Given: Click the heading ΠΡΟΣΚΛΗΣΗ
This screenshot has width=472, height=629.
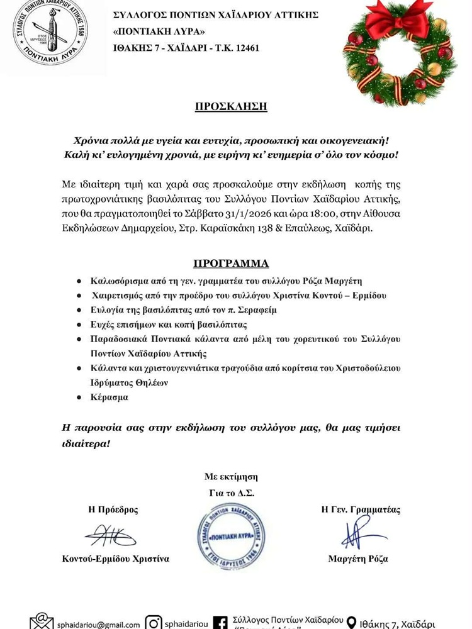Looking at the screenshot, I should point(231,106).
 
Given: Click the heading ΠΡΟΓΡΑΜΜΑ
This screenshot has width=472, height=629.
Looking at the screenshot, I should point(231,263).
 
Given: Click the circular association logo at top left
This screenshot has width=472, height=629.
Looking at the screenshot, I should point(51,33).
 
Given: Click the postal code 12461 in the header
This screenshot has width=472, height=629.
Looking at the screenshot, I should point(246,48).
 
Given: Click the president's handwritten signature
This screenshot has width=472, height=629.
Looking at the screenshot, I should point(111,535).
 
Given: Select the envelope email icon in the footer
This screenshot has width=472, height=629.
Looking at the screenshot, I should point(42,622).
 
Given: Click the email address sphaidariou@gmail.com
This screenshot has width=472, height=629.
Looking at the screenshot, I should point(98,625).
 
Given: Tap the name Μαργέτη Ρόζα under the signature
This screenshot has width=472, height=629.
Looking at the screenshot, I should point(358,559).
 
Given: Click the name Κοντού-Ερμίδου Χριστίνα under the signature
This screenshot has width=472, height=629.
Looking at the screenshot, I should point(115,559).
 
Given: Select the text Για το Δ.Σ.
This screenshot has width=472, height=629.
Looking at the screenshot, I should point(231,493).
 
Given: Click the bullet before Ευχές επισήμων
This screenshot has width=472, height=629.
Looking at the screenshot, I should point(79,325).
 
